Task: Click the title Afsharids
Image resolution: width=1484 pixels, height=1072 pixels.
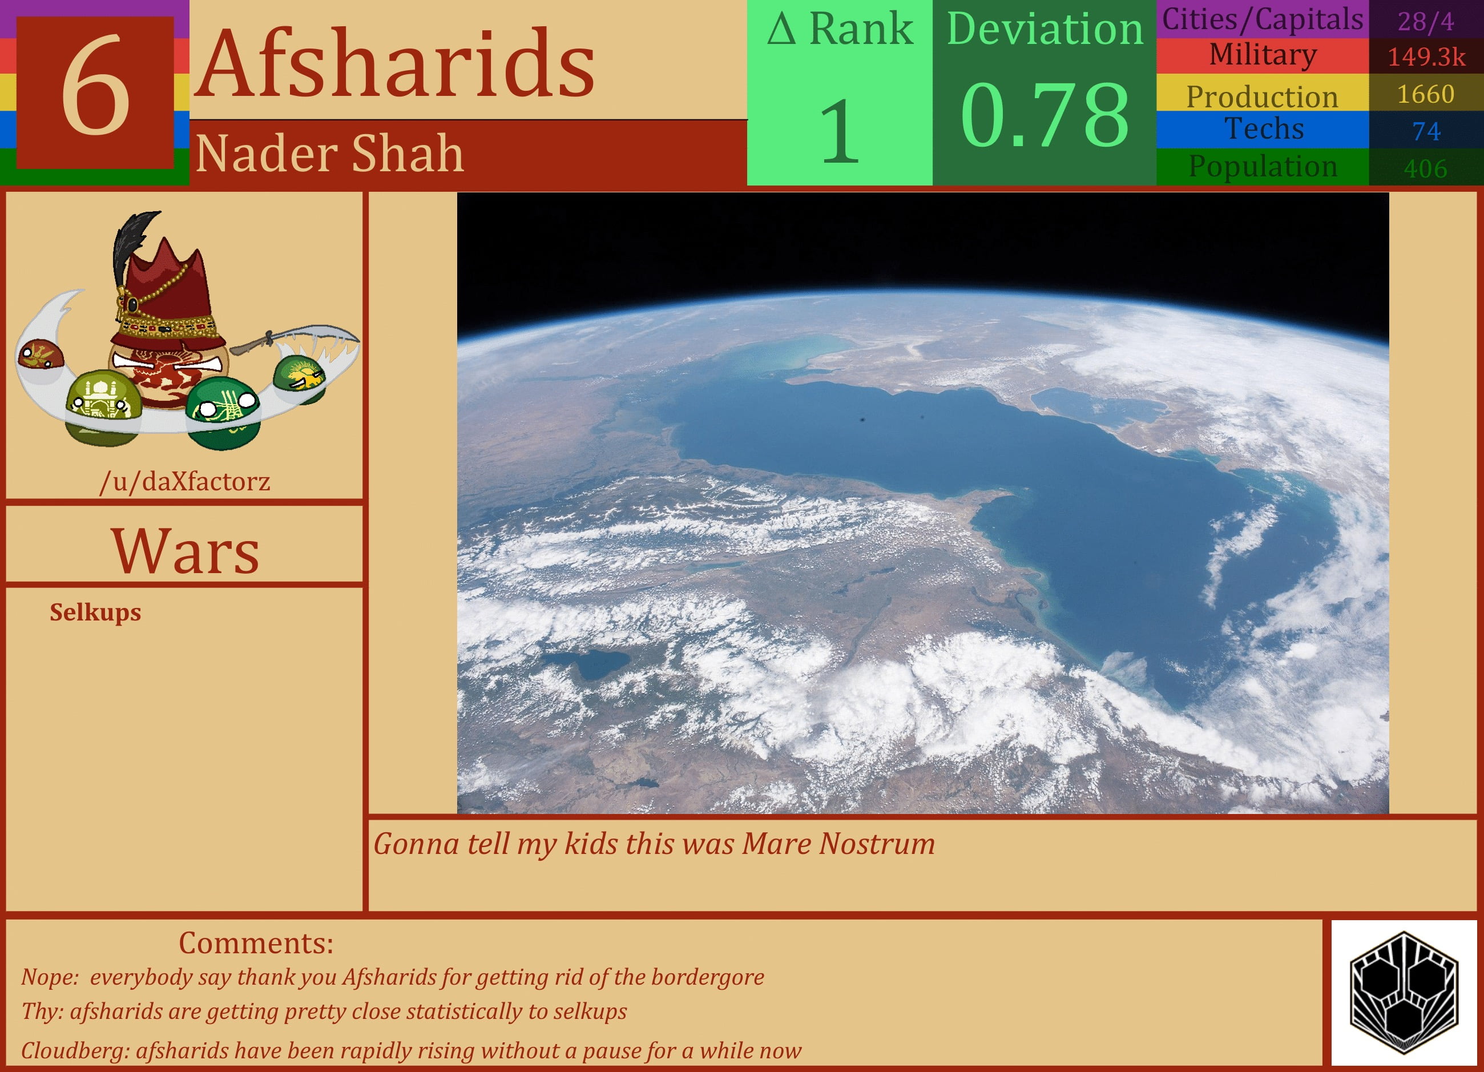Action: pyautogui.click(x=395, y=63)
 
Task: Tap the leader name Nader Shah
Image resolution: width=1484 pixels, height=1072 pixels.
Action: pyautogui.click(x=329, y=154)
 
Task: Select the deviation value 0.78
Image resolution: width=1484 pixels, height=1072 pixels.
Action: pyautogui.click(x=1045, y=115)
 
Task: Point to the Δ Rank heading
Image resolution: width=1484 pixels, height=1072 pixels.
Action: pyautogui.click(x=840, y=30)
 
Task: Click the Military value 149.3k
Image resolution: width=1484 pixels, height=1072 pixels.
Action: pyautogui.click(x=1426, y=57)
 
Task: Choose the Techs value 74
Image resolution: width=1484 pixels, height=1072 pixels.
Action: pyautogui.click(x=1426, y=131)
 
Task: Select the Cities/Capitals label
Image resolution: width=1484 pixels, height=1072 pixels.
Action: pyautogui.click(x=1262, y=19)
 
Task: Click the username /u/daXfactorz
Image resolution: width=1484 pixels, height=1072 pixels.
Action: pyautogui.click(x=184, y=482)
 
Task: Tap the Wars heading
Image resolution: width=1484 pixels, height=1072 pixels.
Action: pyautogui.click(x=185, y=551)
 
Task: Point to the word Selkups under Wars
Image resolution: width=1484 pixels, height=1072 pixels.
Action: pyautogui.click(x=95, y=612)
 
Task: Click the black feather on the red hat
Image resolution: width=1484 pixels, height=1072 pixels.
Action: pyautogui.click(x=134, y=242)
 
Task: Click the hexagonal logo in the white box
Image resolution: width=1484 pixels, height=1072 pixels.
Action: pyautogui.click(x=1404, y=992)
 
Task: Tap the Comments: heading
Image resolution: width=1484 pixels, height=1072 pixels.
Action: pyautogui.click(x=256, y=943)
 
